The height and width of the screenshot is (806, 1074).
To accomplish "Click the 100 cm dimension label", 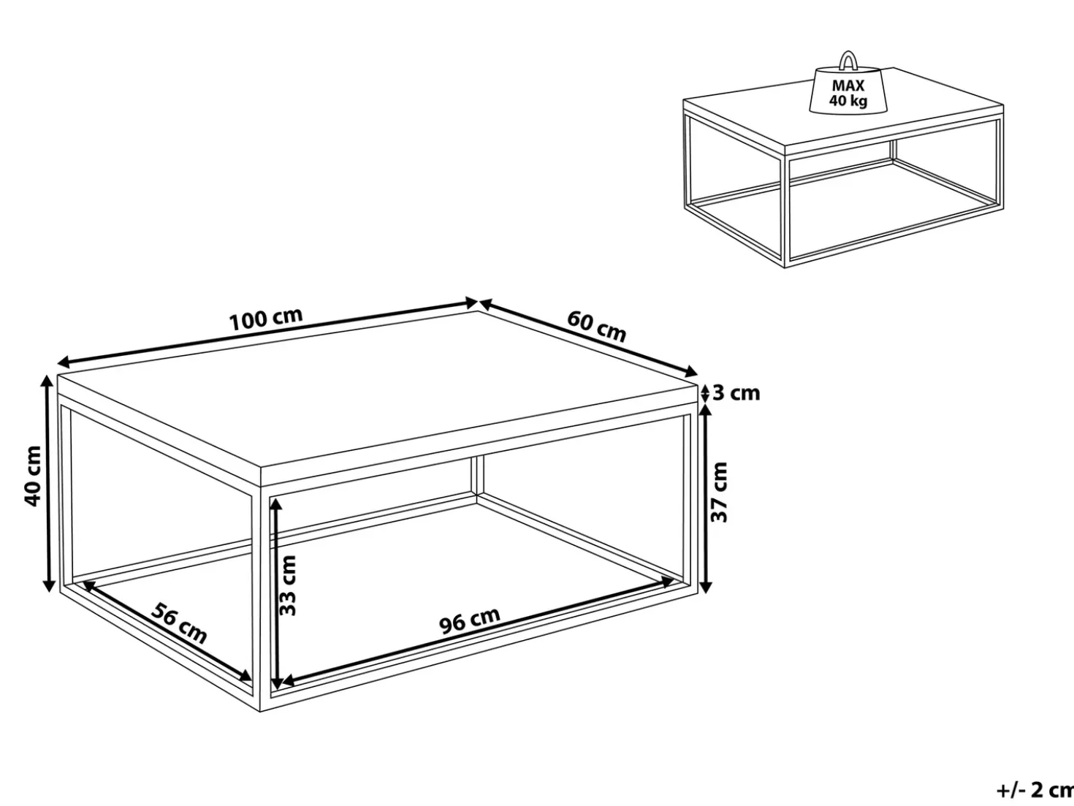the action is point(266,319).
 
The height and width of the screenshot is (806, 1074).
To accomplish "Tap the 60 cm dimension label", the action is point(596,327).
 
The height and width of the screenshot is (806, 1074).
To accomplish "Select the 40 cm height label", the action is point(33,476).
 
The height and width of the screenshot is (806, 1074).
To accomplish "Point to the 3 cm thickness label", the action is point(736,393).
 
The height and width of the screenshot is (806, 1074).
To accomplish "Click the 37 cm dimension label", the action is point(719,493).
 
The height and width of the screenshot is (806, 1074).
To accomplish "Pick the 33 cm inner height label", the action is point(288,585).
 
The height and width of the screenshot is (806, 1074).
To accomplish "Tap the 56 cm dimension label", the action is point(179,623).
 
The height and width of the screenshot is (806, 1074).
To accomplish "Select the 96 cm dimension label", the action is point(469,620).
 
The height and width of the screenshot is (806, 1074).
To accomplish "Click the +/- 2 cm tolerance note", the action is point(1035,789).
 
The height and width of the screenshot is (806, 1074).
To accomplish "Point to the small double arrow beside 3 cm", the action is point(704,393).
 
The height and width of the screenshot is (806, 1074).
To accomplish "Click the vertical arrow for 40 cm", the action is point(48,484).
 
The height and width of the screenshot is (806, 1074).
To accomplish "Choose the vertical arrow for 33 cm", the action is point(276,593).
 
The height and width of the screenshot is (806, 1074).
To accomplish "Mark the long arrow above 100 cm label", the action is point(267,332).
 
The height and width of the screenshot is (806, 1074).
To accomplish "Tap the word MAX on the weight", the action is point(848,85).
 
